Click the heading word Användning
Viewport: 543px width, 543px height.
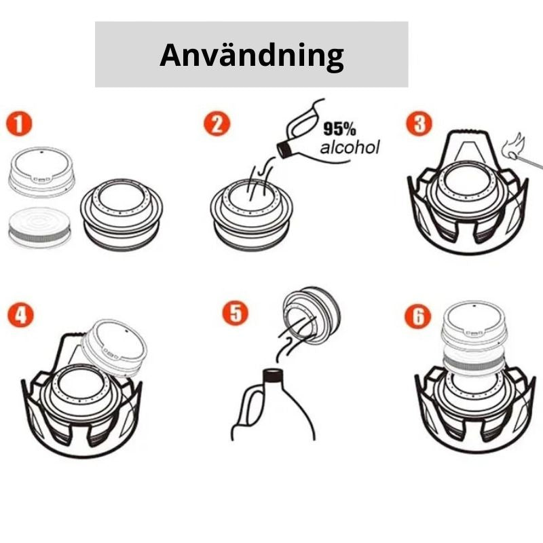[252, 56]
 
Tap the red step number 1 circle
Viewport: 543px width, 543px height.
[19, 124]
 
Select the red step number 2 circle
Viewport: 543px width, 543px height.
[217, 124]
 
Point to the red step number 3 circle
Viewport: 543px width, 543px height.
[419, 123]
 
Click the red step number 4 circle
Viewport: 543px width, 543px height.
[20, 315]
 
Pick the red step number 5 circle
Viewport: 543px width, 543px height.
[235, 313]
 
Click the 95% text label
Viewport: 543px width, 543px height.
[339, 129]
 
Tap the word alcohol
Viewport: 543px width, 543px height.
[350, 147]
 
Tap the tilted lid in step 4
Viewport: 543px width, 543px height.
[114, 348]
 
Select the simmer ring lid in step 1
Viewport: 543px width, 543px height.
[41, 172]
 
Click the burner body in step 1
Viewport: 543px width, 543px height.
[121, 214]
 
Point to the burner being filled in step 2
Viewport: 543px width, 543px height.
[252, 214]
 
